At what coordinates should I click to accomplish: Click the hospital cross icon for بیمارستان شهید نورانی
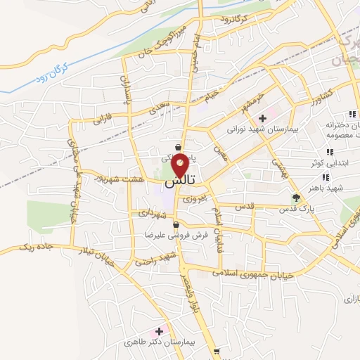click(x=262, y=118)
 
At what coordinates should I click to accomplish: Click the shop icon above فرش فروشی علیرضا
click(x=175, y=225)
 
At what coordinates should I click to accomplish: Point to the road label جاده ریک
click(x=34, y=247)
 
